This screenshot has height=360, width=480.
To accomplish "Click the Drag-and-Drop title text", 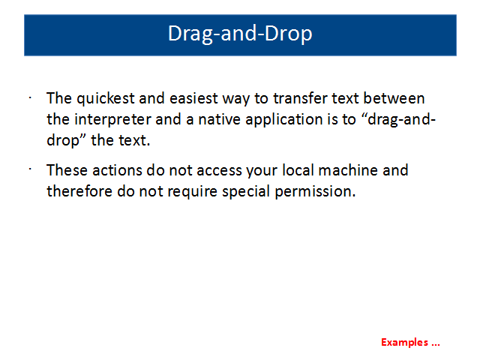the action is pos(240,34).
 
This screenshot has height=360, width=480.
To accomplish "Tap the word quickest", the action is pos(105,99).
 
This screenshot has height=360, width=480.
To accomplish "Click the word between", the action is pos(394,98).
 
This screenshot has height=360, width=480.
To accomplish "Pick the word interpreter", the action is pos(112,120).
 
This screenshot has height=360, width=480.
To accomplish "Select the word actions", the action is pos(117,170).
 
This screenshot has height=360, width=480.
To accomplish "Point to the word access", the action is pos(219,171).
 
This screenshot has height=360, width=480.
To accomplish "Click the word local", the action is pos(298,170).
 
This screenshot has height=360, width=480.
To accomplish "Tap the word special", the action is pos(246,192).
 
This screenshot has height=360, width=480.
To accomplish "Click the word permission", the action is pos(315,192).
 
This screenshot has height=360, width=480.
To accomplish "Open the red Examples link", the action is pos(410,343).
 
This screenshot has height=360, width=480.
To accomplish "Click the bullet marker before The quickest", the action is pos(30,98).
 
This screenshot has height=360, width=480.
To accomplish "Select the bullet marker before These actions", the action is pos(30,169).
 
